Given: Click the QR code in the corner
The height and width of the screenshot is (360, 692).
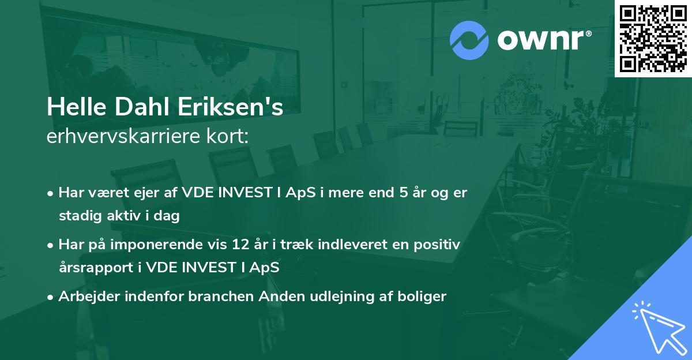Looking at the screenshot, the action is tap(653, 39).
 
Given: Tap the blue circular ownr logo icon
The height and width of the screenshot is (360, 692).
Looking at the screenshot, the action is tap(469, 40).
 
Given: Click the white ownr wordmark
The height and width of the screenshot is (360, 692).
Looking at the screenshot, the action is tap(540, 40).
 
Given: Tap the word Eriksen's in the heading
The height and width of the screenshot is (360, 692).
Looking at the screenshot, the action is tap(230, 107).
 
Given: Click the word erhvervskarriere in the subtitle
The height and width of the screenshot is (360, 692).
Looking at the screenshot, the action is tap(123, 136).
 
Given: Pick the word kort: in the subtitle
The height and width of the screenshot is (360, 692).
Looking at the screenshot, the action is tap(228, 136).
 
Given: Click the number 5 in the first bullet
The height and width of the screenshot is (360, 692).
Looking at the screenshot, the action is tap(404, 193).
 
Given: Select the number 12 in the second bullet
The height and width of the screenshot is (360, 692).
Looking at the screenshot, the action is tap(240, 245).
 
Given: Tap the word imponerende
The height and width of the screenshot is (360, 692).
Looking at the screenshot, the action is tap(156, 245).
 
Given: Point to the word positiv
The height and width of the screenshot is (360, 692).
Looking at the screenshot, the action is tap(437, 245).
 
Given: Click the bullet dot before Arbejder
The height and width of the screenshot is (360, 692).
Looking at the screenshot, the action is tap(50, 298).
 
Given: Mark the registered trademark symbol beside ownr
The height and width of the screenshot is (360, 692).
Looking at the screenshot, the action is tap(588, 33).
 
